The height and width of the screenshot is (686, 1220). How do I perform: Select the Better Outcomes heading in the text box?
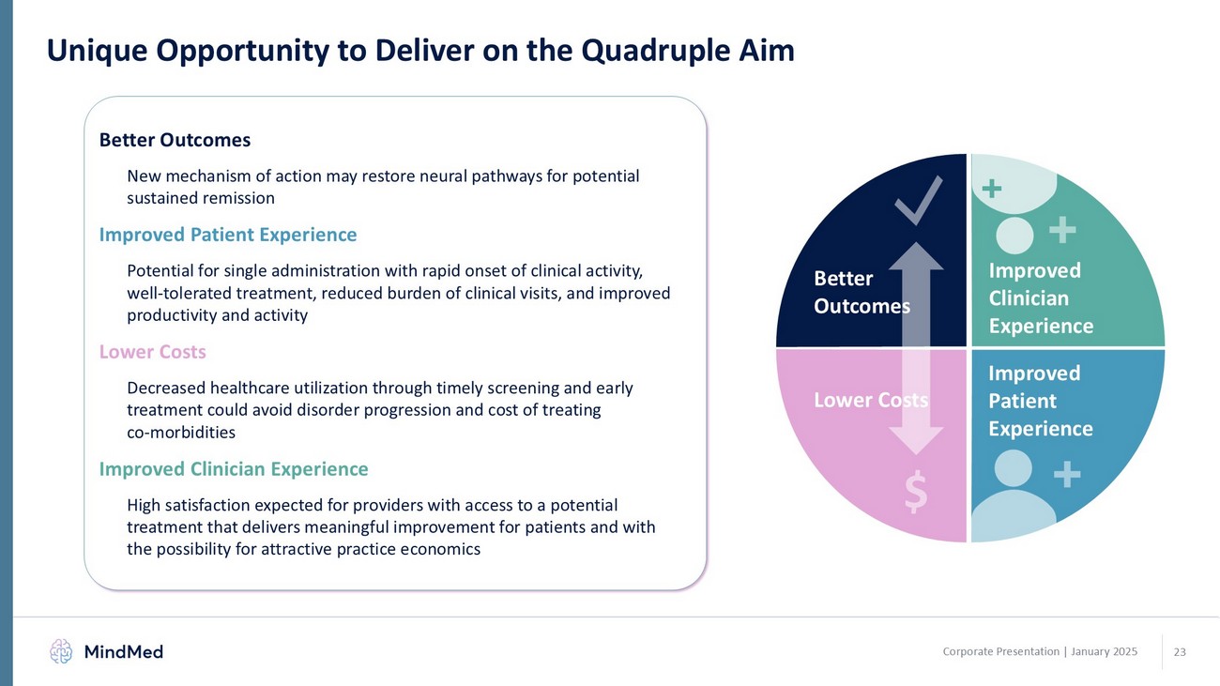tap(175, 140)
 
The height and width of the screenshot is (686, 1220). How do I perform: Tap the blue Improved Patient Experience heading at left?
tap(228, 234)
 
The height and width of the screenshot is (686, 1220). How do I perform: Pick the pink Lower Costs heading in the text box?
tap(152, 352)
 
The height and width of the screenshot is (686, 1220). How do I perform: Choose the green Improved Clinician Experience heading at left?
tap(234, 468)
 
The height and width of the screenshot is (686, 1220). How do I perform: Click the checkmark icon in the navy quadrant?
tap(920, 199)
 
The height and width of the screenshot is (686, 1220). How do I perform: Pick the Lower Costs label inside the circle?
tap(870, 400)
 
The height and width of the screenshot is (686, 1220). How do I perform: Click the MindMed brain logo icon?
tap(61, 651)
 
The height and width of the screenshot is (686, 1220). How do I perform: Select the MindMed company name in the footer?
tap(123, 651)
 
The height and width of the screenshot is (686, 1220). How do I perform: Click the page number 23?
tap(1180, 651)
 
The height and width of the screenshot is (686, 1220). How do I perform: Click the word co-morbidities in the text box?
tap(181, 433)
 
